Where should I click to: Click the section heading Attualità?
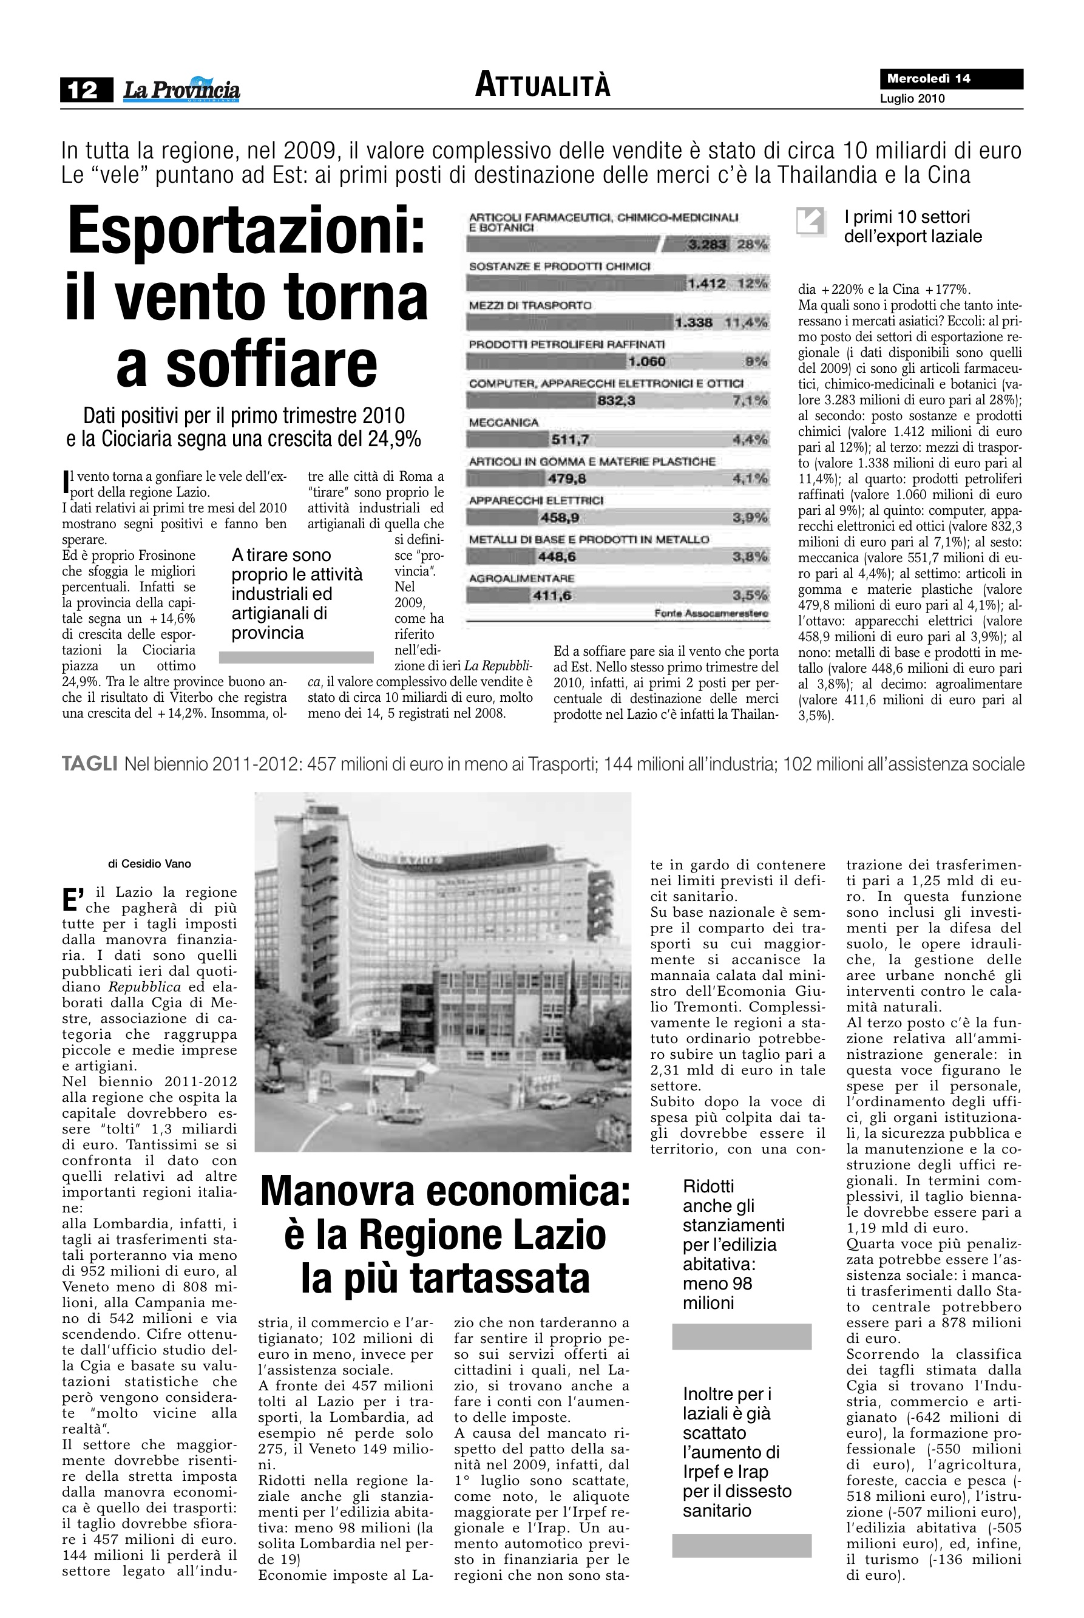coord(543,86)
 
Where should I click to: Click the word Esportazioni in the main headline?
coord(246,233)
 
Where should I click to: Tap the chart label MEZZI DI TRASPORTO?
coord(529,305)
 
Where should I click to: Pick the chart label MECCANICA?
coord(503,422)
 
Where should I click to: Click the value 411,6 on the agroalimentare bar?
coord(550,596)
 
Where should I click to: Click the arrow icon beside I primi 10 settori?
coord(811,222)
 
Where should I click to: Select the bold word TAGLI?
coord(89,764)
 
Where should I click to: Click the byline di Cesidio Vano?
coord(149,863)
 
